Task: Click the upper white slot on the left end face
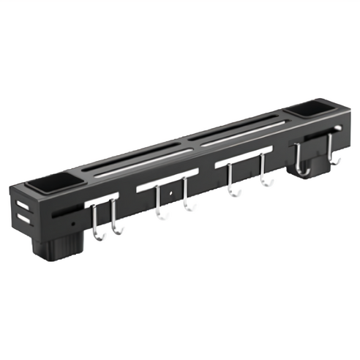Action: (x=22, y=205)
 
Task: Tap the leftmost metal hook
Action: (x=97, y=223)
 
